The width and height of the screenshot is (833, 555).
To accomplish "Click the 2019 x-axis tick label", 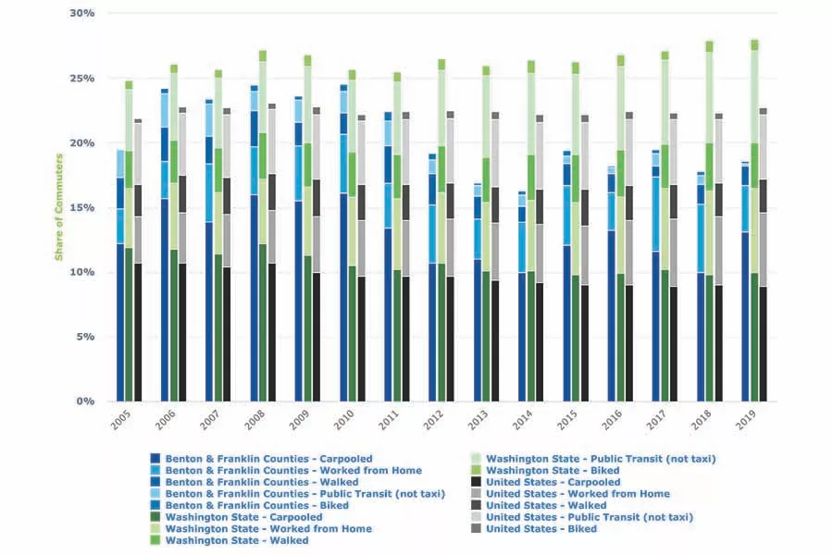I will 746,423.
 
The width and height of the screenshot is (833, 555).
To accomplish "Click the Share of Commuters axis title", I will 58,209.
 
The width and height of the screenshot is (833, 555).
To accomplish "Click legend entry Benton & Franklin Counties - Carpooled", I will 253,458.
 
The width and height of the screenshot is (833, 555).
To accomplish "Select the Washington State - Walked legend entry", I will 236,541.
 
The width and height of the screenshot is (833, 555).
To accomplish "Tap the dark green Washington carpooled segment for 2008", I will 263,323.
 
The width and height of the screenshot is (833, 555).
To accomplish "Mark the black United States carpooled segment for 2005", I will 138,332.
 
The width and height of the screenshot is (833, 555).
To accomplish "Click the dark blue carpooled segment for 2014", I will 522,337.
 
